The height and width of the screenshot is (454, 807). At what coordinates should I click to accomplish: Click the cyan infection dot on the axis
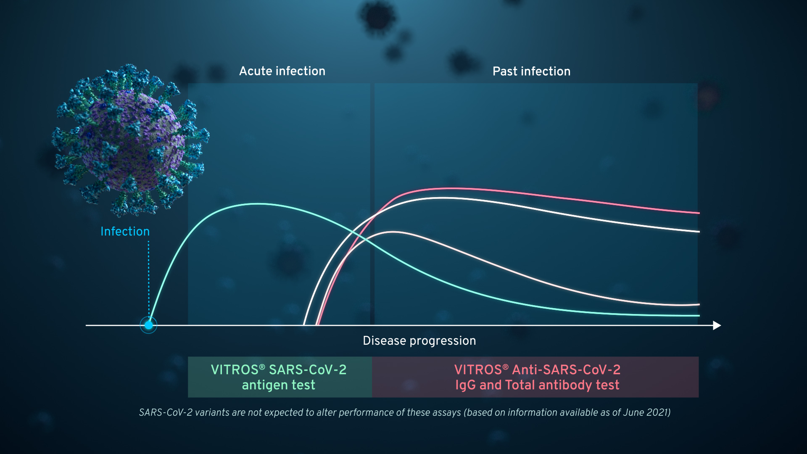coord(148,325)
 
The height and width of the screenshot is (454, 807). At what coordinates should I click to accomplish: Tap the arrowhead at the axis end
coord(717,325)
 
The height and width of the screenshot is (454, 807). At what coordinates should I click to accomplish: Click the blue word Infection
coord(125,231)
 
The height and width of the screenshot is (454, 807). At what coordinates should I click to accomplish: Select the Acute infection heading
coord(282,71)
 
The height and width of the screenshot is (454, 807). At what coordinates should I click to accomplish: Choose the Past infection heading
coord(531,71)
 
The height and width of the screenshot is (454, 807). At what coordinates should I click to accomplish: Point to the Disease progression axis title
coord(419,340)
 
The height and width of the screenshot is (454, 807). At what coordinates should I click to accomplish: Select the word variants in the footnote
coord(212,412)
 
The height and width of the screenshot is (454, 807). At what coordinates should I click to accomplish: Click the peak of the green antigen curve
coord(259,204)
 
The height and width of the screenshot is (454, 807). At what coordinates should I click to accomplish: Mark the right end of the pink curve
coord(698,213)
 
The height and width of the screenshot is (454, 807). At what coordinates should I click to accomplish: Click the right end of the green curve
coord(698,315)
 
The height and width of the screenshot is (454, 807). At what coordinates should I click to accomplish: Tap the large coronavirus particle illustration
coord(130,139)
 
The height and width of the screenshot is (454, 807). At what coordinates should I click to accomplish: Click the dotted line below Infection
coord(148,277)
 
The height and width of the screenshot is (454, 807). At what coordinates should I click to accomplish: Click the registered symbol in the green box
coord(262,367)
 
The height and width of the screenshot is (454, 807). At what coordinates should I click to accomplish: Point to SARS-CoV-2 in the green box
coord(308,370)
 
